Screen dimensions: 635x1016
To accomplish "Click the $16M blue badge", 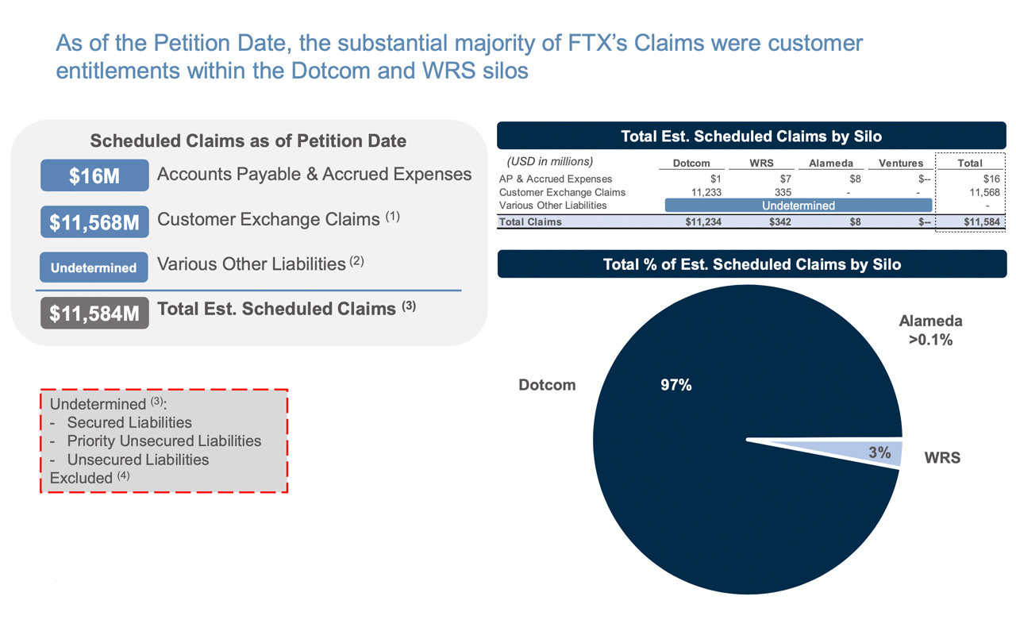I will [94, 175].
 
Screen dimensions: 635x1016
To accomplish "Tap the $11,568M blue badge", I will [94, 222].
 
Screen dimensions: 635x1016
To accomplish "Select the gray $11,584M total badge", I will [94, 313].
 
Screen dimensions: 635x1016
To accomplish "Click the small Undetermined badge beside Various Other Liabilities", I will [94, 267].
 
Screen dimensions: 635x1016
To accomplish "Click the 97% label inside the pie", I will [675, 385].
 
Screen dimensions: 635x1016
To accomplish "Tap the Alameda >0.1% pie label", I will [930, 330].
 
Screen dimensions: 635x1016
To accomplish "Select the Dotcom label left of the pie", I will [547, 385].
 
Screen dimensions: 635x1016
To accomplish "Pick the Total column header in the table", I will [969, 163].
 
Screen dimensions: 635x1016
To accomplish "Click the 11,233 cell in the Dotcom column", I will [702, 192].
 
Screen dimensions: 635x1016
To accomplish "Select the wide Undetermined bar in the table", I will [798, 206].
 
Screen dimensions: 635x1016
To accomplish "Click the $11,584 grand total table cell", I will [981, 222].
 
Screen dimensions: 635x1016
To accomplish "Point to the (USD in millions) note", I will [549, 162].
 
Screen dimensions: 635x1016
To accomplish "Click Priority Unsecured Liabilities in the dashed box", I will [164, 441].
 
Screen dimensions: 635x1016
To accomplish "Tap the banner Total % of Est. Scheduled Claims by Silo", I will [752, 264].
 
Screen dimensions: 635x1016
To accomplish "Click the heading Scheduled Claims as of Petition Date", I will [248, 141].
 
